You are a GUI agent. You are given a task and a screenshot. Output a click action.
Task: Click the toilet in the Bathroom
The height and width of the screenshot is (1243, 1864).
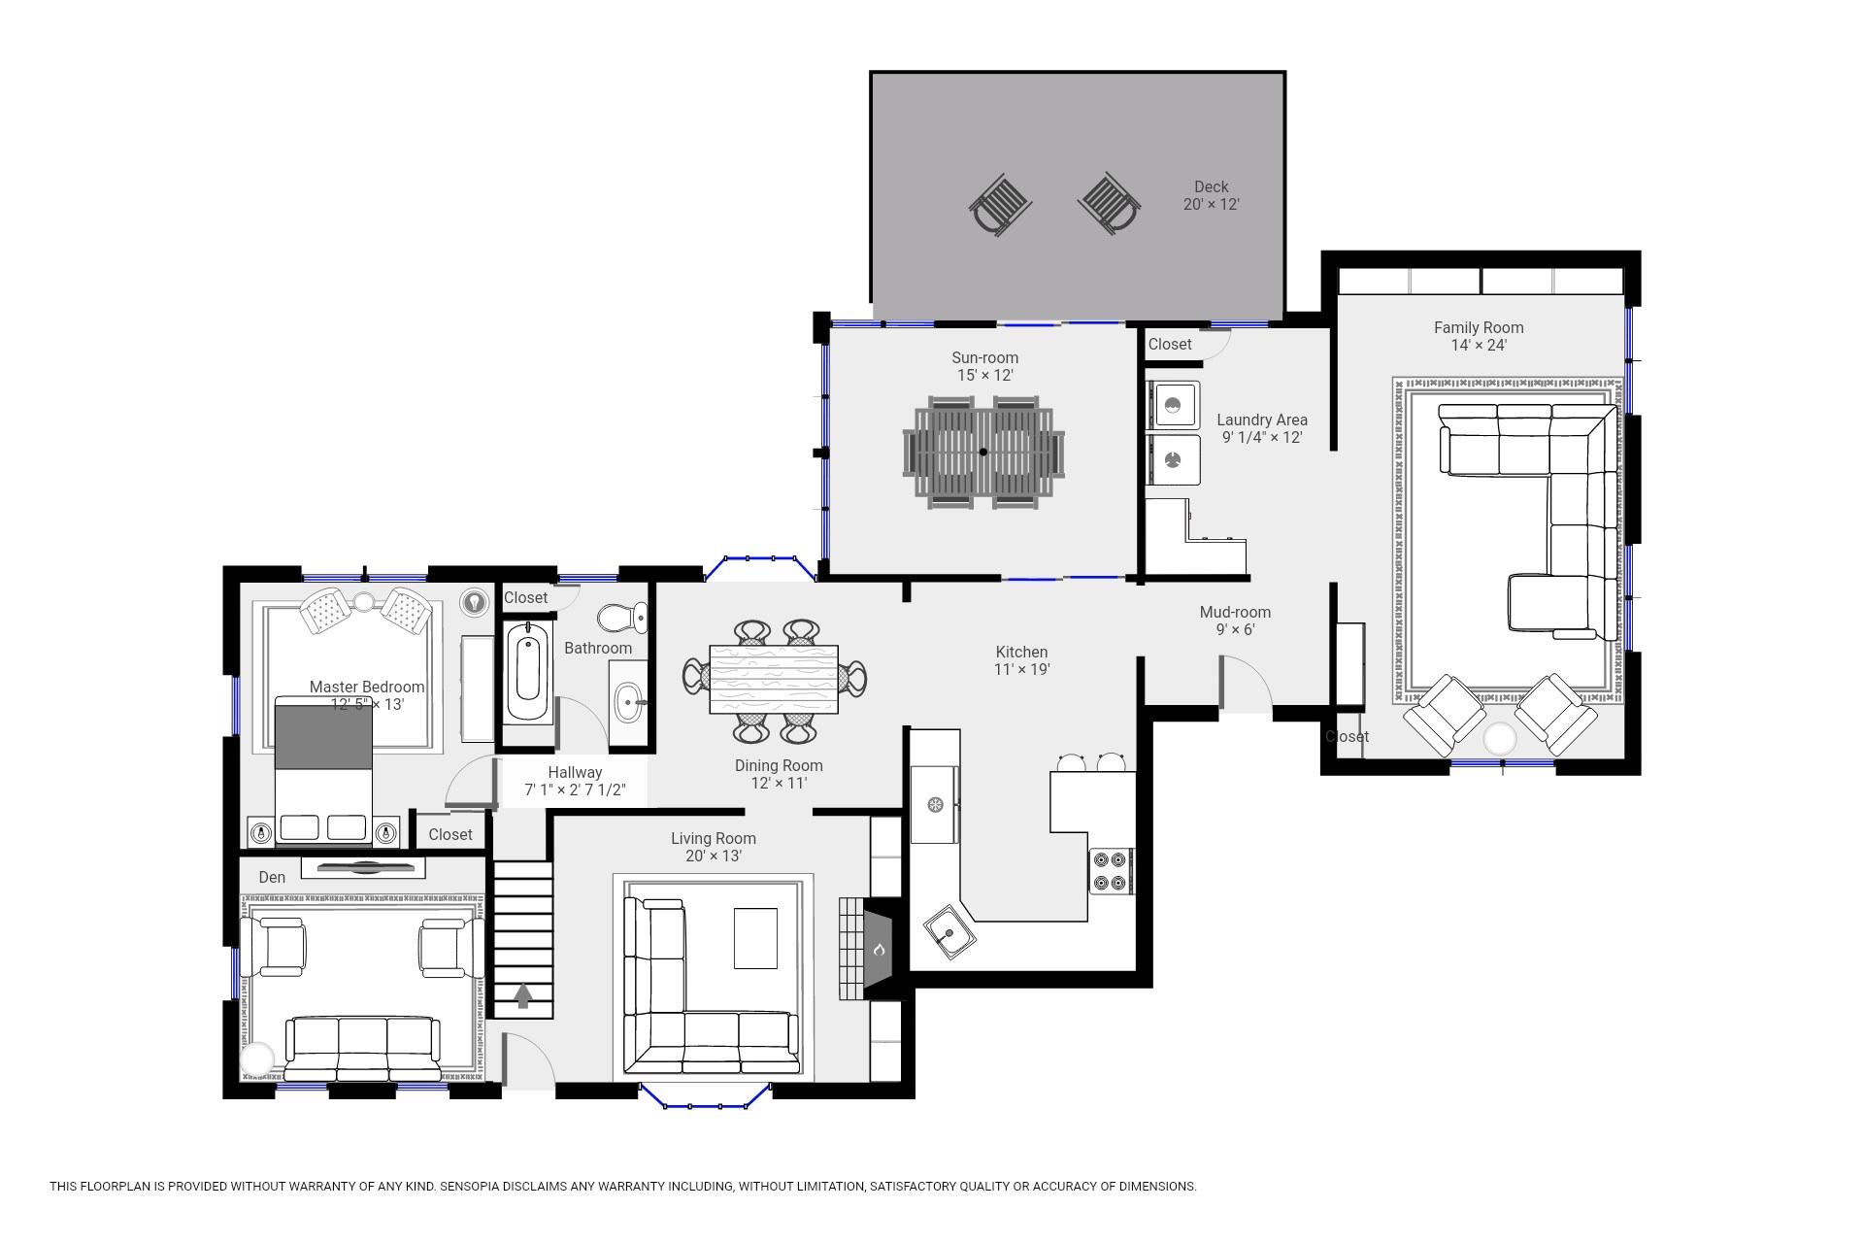click(622, 617)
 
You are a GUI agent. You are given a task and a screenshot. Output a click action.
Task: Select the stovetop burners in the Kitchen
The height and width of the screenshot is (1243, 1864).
click(1110, 870)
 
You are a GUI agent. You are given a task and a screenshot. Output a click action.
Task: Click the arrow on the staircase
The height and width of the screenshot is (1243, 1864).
click(522, 995)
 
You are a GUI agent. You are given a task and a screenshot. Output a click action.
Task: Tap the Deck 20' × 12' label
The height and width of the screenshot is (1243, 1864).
click(1211, 195)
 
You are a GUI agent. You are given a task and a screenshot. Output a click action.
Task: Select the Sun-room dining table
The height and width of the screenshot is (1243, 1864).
click(983, 452)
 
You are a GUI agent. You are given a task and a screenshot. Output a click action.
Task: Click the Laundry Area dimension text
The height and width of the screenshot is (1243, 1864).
click(1261, 437)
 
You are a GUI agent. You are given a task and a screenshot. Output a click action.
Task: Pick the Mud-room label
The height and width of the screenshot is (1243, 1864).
click(1235, 612)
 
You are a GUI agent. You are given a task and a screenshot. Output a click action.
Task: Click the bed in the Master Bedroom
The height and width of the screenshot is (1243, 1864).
click(323, 768)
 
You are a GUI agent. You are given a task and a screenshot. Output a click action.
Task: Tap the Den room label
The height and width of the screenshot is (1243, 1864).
click(272, 877)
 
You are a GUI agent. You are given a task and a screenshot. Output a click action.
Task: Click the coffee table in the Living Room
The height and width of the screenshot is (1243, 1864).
click(755, 938)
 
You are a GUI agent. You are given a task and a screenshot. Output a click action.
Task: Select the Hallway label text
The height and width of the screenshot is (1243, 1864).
click(575, 772)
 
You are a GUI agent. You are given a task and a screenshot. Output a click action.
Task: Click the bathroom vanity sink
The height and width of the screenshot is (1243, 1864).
click(629, 701)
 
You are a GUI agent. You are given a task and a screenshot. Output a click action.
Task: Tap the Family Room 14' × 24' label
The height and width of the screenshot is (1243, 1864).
click(1479, 336)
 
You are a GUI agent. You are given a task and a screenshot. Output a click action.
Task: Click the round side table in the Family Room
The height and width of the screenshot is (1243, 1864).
click(1500, 739)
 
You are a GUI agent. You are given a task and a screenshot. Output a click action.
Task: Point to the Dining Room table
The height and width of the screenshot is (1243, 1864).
click(774, 679)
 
